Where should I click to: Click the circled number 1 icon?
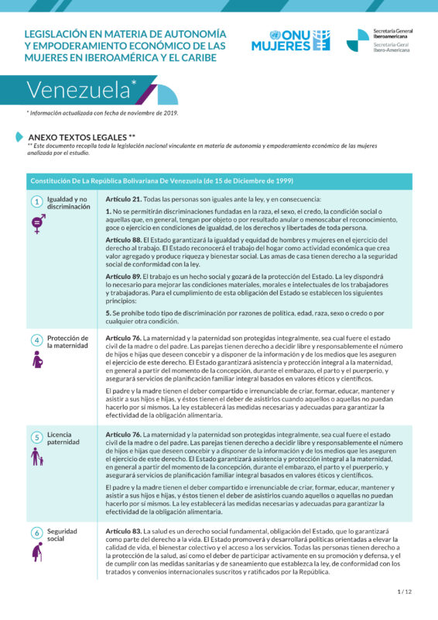pos(36,201)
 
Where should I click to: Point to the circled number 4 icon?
pos(36,340)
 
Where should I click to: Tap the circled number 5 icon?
pos(36,437)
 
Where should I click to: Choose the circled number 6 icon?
pos(36,533)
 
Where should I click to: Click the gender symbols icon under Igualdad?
pos(37,223)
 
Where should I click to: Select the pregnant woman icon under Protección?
pos(36,360)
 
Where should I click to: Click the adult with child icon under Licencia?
pos(36,457)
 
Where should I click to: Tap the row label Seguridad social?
pos(62,535)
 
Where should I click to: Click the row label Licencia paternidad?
pos(63,439)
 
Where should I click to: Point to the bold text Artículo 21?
pos(123,199)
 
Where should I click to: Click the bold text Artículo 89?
pos(123,276)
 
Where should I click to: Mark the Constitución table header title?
pos(162,181)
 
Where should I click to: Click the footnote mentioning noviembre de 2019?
pos(102,113)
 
